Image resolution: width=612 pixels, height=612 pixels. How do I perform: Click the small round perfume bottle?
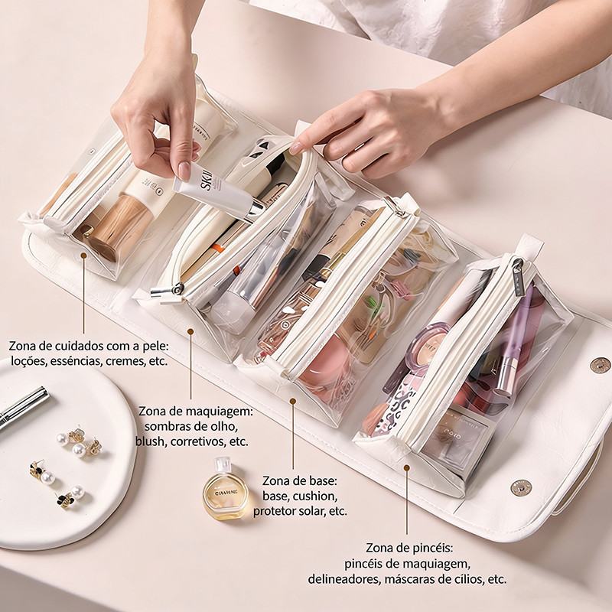click(225, 490)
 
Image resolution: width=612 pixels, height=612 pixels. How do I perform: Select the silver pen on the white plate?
click(24, 406)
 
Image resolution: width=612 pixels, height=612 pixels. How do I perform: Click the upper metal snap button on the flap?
click(600, 366)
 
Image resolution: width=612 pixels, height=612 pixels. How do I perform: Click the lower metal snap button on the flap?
click(521, 488)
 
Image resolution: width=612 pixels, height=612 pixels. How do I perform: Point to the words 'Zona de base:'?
click(299, 480)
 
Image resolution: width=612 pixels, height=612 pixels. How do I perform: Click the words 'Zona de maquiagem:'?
click(196, 411)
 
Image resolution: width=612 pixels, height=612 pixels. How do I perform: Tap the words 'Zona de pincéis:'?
click(409, 548)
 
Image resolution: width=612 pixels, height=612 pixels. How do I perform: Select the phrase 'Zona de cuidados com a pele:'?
click(89, 346)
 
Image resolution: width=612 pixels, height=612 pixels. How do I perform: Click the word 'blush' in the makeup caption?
click(149, 441)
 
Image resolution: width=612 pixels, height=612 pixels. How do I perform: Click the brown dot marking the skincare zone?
click(83, 256)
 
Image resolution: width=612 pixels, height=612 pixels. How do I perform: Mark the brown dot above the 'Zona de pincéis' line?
click(406, 467)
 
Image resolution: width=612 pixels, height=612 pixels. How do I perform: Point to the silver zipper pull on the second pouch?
click(167, 291)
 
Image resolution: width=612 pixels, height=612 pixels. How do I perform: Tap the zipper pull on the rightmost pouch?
click(519, 276)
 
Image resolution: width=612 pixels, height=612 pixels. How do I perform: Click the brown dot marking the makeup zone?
click(190, 332)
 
